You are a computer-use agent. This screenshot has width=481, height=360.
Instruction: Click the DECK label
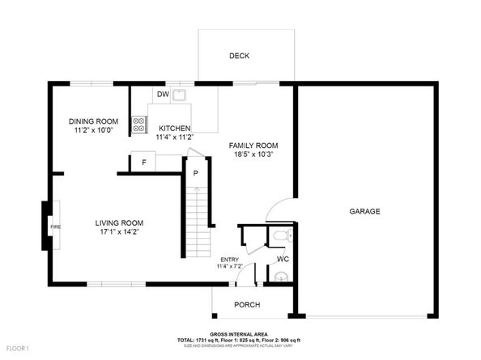tap(239, 56)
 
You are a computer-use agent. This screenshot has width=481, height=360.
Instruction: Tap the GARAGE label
tap(364, 211)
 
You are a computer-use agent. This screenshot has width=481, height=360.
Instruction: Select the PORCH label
tap(247, 305)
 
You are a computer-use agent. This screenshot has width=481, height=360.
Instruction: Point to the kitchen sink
tap(179, 95)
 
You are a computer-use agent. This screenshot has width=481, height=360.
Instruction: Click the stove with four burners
tap(139, 125)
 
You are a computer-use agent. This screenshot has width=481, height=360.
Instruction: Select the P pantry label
tap(195, 172)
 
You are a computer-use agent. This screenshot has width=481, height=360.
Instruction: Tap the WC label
tap(283, 260)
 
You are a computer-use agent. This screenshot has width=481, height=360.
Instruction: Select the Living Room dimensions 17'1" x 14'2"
tap(119, 232)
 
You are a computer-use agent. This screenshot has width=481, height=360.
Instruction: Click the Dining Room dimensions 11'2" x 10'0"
tap(95, 129)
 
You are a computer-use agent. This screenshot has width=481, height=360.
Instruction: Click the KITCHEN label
tap(174, 128)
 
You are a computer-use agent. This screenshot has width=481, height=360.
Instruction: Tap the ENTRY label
tap(230, 259)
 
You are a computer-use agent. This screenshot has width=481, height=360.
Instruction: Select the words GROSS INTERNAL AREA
tap(238, 333)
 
